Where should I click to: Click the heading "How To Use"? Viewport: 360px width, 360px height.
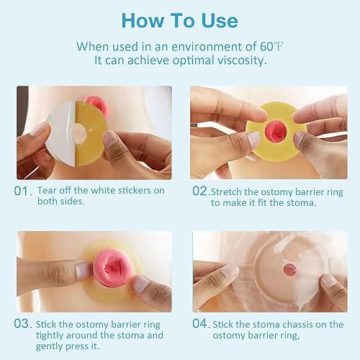click(180, 19)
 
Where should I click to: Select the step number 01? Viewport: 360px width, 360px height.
click(24, 192)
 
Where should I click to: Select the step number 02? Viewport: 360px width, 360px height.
click(199, 192)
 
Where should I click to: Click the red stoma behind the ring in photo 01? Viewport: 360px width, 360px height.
click(96, 104)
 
